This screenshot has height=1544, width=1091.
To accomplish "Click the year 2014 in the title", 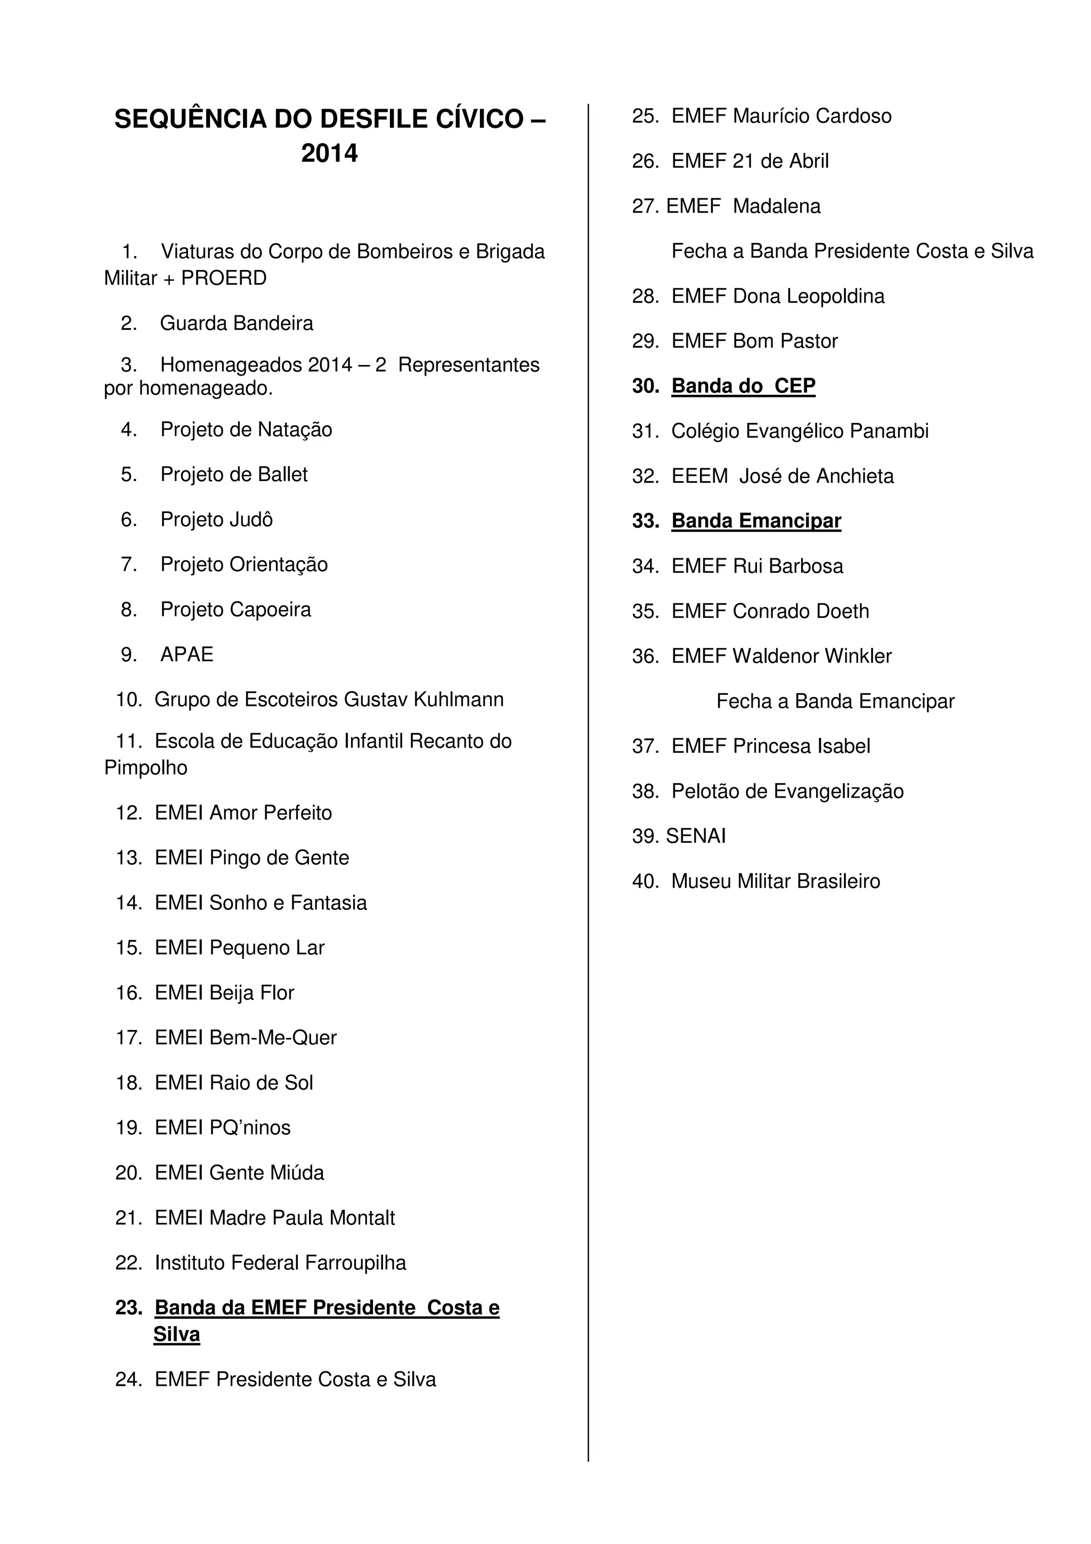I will (x=329, y=153).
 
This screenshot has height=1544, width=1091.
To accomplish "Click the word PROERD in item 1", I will (x=224, y=278).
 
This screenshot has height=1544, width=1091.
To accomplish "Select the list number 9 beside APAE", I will (x=128, y=654).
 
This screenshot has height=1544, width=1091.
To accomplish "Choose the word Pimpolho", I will (x=146, y=767).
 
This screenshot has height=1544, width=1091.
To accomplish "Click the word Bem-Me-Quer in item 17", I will (x=273, y=1038).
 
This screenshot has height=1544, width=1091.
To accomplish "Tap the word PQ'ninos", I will (x=250, y=1128).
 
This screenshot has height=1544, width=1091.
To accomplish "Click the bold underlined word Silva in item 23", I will (x=177, y=1335).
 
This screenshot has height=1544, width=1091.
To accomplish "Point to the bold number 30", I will (x=645, y=386).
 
